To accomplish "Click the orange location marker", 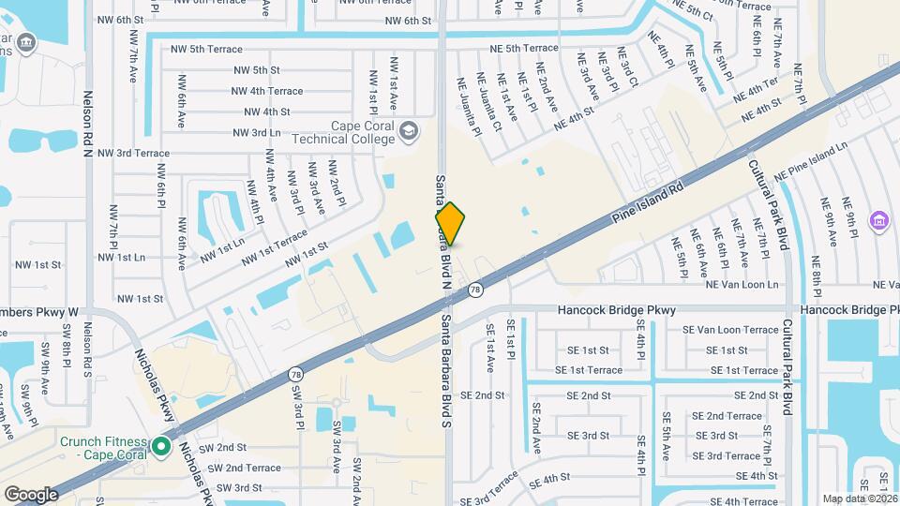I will coord(450,225).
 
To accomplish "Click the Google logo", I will coord(31,494).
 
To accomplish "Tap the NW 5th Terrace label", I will coord(206,49).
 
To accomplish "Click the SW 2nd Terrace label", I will coord(244,468).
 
